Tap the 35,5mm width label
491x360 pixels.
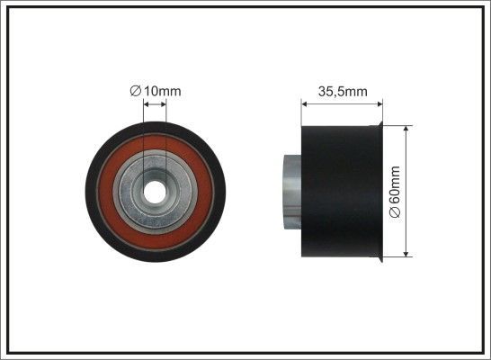(343, 91)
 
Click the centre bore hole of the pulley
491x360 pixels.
(155, 190)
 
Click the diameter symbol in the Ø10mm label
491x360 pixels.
(134, 90)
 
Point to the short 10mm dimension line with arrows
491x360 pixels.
(155, 105)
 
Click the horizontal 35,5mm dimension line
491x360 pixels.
(342, 103)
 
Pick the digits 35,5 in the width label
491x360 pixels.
(334, 91)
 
